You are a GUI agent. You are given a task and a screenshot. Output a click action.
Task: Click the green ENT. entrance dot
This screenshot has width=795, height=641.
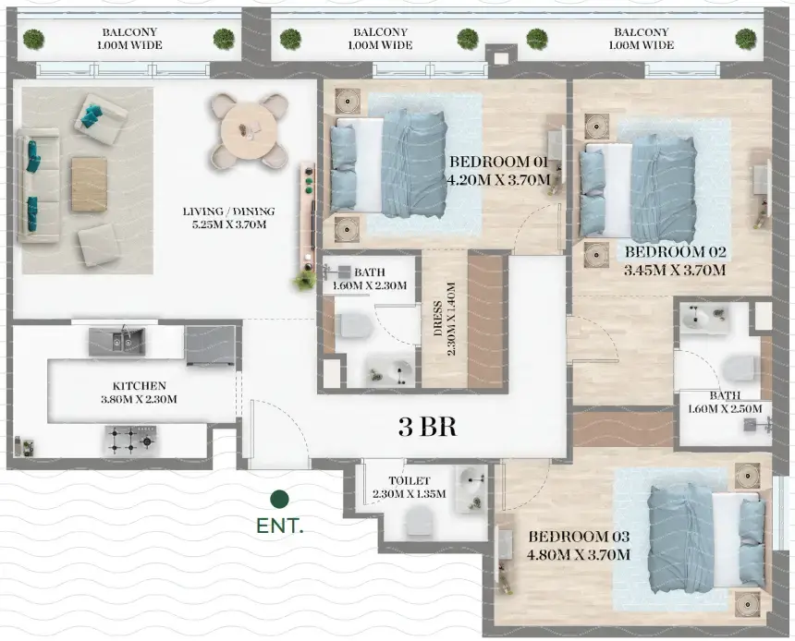(279, 500)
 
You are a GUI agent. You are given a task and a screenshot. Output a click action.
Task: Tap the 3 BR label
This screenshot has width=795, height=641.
(428, 427)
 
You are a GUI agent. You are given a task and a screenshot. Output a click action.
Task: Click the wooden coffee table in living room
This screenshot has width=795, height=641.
(90, 183)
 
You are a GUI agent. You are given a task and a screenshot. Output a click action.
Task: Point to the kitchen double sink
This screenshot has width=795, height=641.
(116, 342)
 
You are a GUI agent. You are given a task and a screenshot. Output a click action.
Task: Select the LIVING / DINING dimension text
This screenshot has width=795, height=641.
(228, 218)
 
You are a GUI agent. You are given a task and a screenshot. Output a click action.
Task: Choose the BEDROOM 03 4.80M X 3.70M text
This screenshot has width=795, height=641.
(580, 546)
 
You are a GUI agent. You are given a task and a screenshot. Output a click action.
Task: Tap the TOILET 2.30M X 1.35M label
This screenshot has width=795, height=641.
(417, 487)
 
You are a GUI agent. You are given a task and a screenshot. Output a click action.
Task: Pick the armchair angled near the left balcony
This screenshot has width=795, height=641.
(101, 117)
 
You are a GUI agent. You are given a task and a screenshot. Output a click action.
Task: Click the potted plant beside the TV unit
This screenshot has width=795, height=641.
(304, 280)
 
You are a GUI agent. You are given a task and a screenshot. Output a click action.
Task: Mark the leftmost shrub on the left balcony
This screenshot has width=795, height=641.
(33, 39)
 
